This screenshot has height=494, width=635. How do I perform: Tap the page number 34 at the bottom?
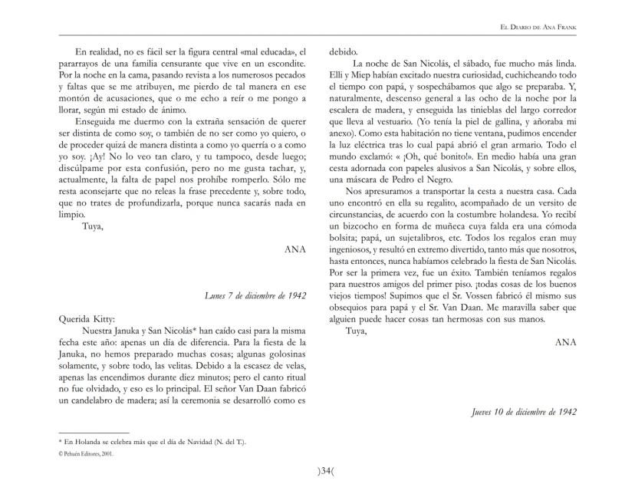[317, 470]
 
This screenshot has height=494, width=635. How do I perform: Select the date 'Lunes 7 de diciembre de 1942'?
[256, 295]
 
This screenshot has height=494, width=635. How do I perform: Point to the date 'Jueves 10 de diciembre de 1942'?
[525, 412]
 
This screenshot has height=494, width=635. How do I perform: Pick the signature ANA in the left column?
[295, 249]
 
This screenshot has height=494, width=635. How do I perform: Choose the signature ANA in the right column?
[565, 342]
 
